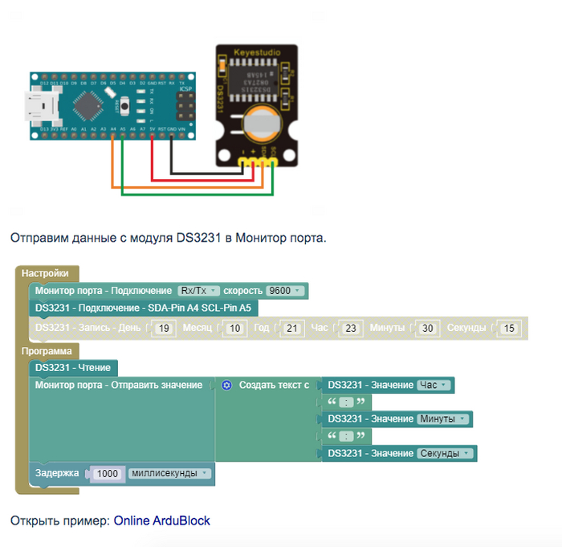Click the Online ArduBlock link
coord(161,520)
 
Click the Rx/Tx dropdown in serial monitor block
coord(197,291)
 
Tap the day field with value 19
coord(163,328)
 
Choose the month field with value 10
coord(234,328)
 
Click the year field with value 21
coord(292,328)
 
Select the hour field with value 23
coord(350,328)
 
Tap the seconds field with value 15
coord(508,328)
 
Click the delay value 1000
coord(107,474)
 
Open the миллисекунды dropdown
coord(169,474)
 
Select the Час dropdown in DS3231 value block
coord(433,386)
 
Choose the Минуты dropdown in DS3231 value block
coord(442,419)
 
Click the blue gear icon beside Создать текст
coord(226,386)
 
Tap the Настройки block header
coord(47,273)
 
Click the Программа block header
coord(47,351)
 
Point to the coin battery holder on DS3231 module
coord(263,122)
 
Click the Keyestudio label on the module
coord(257,53)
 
